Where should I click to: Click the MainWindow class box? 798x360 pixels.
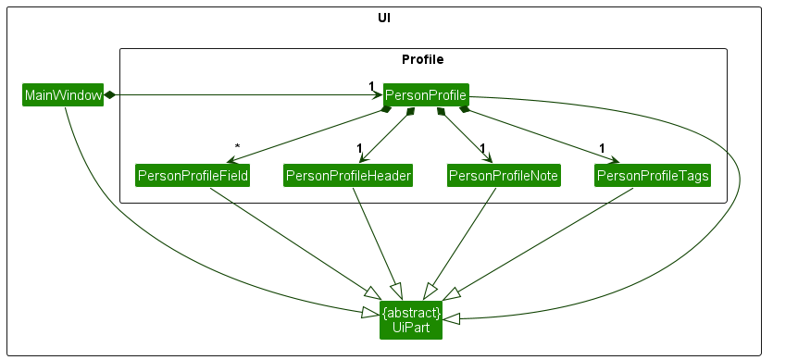coord(62,95)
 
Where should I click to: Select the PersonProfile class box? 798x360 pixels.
coord(426,94)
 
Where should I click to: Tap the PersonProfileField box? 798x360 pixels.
coord(193,175)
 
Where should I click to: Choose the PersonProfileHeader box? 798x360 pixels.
coord(348,175)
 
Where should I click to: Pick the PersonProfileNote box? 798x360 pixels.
coord(504,175)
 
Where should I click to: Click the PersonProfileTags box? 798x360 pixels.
coord(653,175)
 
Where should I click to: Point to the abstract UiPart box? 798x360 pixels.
coord(411,319)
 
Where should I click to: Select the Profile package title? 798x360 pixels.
coord(422,59)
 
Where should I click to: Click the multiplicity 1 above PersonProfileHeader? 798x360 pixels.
coord(357,148)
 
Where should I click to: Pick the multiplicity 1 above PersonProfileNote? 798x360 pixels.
coord(482,148)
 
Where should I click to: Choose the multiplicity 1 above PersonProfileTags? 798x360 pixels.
coord(602,148)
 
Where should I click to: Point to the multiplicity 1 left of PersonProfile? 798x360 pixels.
coord(372,86)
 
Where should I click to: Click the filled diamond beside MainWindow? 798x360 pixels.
coord(109,94)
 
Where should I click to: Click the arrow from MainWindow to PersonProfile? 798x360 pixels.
coord(241,94)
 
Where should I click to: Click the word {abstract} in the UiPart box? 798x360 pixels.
coord(411,313)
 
